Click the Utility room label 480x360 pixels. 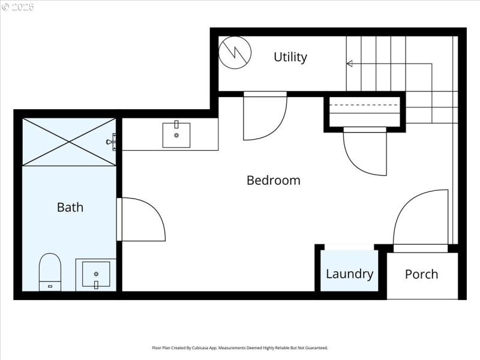(290, 57)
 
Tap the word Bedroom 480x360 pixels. (273, 180)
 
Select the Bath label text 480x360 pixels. (70, 208)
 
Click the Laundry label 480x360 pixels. (349, 274)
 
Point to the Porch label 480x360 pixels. (421, 274)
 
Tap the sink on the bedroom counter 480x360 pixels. (176, 134)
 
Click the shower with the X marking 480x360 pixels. (69, 142)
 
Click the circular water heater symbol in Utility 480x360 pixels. (233, 53)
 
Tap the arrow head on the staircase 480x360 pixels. (349, 64)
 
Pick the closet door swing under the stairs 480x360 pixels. (365, 153)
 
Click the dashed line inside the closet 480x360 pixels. (365, 105)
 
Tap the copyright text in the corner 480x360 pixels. (18, 7)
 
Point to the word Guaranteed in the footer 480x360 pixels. (314, 348)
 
